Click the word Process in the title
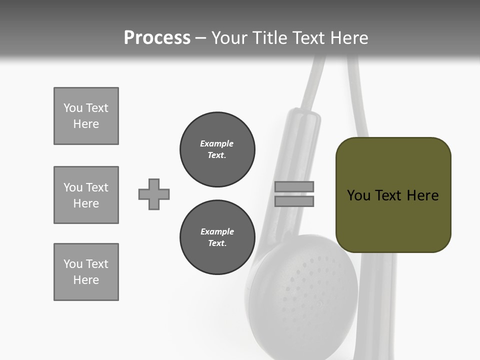(157, 38)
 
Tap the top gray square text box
(86, 116)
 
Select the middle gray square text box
(86, 195)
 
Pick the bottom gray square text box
(86, 272)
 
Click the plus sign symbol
(154, 194)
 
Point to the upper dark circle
(217, 149)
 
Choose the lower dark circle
(217, 237)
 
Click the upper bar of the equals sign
(294, 186)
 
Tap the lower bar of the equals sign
(294, 201)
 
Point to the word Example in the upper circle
(217, 143)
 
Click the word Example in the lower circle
(217, 231)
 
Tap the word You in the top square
(72, 108)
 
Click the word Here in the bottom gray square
(86, 280)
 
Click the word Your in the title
(229, 38)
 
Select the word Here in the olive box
(423, 195)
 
